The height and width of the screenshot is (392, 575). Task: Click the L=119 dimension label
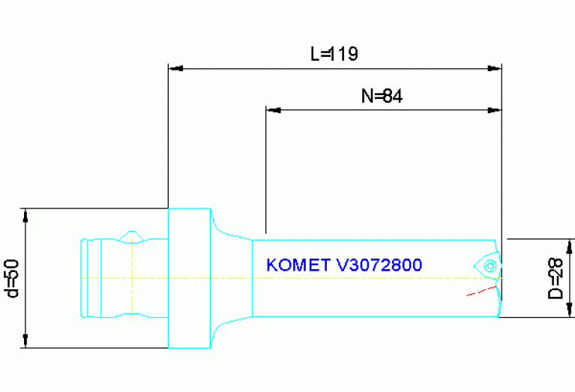(334, 54)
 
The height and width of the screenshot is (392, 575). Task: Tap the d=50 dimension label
(11, 278)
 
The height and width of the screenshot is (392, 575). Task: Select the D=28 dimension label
(556, 278)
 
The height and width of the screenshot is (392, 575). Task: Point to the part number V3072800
(378, 265)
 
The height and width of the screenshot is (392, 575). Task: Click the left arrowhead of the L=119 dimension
(175, 69)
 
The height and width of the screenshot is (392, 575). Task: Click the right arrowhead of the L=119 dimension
(494, 69)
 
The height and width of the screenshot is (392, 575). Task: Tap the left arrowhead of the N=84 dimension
(274, 111)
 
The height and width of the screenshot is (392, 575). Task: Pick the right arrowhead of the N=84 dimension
(494, 111)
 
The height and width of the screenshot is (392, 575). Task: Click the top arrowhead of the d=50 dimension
(25, 215)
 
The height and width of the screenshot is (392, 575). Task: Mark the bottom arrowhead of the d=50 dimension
(25, 341)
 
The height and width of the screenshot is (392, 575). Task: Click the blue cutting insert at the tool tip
(486, 263)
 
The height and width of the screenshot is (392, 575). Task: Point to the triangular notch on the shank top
(133, 236)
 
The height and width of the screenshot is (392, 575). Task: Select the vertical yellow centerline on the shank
(132, 278)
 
